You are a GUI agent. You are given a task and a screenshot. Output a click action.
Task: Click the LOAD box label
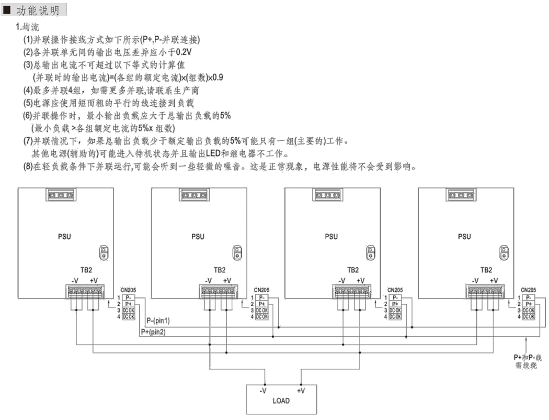tap(281, 401)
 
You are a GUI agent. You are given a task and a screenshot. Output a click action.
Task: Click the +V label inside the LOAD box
tap(301, 391)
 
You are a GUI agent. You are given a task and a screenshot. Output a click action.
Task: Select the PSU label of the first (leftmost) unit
tap(65, 237)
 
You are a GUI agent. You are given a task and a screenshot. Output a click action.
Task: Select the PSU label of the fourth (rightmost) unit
tap(464, 237)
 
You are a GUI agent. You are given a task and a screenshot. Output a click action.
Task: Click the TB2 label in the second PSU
tap(220, 270)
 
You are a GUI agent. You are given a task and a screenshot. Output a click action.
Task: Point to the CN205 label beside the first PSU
tap(128, 290)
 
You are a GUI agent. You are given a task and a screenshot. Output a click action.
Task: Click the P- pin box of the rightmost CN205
tap(529, 297)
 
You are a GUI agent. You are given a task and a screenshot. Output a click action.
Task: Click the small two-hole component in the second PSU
tap(237, 253)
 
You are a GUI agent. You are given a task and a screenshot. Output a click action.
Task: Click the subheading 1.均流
tap(27, 26)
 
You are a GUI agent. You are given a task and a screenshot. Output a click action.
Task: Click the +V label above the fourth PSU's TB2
tap(494, 281)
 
